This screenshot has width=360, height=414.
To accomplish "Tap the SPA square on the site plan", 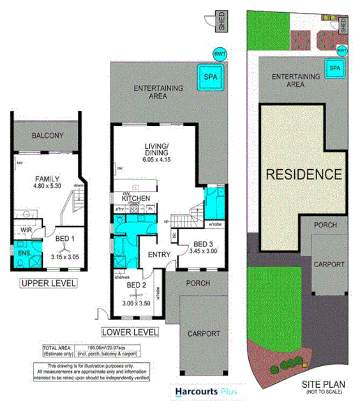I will tap(333, 66).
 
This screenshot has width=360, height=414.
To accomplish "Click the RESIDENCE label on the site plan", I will tap(303, 173).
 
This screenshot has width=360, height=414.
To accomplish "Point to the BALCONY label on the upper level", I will tap(47, 135).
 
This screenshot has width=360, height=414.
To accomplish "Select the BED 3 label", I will tap(202, 244).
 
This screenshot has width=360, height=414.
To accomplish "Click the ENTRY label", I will tap(158, 255).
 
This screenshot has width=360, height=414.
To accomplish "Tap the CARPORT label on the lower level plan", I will tap(204, 333).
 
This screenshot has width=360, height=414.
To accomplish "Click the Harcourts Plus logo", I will tap(199, 392).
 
